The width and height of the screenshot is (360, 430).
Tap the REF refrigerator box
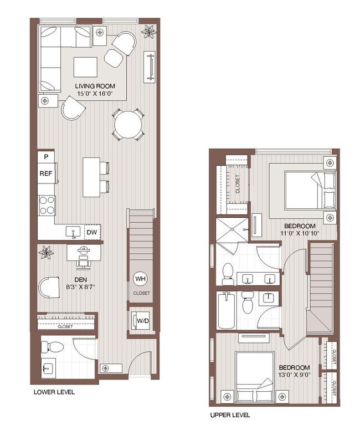[x=45, y=173]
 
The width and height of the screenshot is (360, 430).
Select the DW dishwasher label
[x=92, y=232]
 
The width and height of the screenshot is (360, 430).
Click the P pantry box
[x=45, y=157]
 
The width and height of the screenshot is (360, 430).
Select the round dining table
[x=127, y=124]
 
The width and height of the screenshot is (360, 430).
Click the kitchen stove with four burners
[x=46, y=205]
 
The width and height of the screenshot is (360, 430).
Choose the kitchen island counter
[x=91, y=177]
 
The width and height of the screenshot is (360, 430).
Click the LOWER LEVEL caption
[x=54, y=392]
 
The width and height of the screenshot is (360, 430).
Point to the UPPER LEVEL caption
[x=230, y=414]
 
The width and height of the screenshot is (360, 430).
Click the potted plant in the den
[x=47, y=253]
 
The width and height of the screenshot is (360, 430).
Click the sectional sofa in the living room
[x=55, y=55]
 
